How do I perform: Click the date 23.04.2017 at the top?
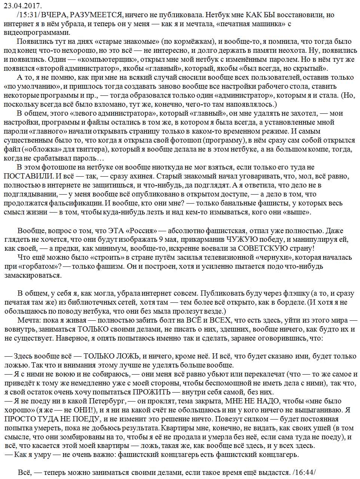23,6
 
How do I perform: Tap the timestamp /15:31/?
28,15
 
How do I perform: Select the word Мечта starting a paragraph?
29,320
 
